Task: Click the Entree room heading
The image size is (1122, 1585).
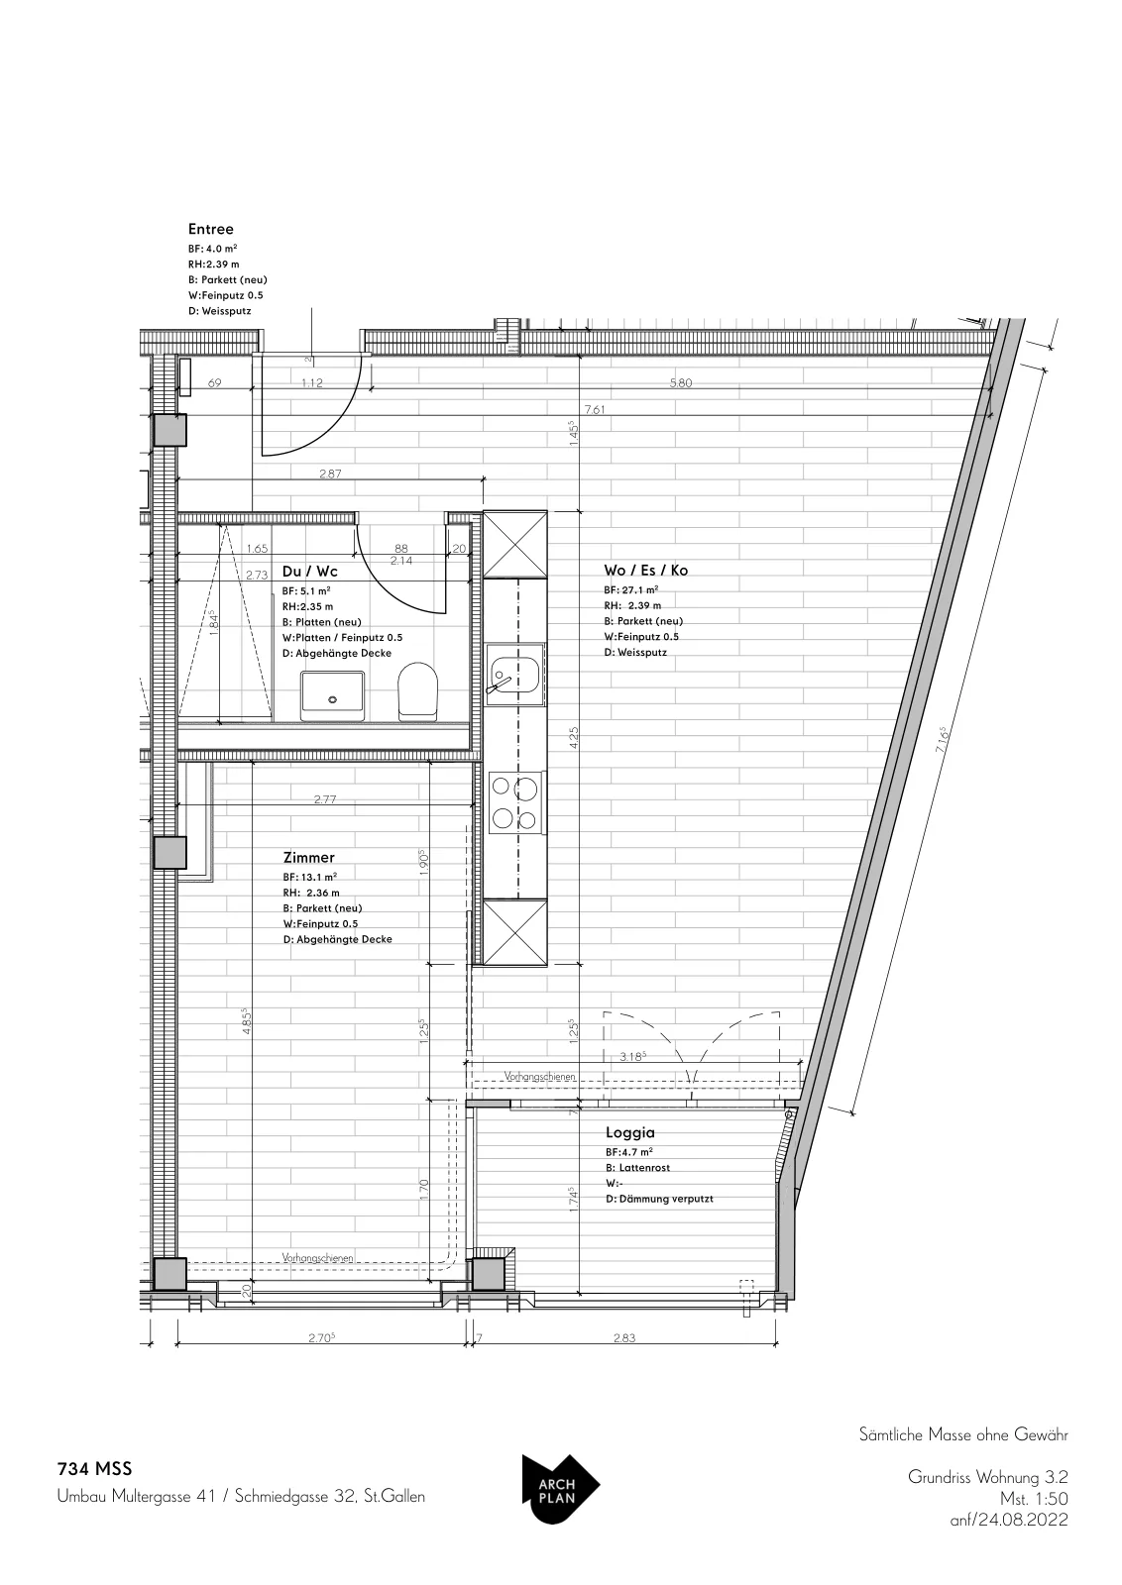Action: coord(210,229)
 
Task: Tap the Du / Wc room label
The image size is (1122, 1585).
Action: coord(309,571)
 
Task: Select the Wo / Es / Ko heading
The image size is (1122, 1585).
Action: coord(645,570)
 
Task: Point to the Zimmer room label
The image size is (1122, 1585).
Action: coord(308,857)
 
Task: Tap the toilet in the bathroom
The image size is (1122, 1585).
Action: coord(417,691)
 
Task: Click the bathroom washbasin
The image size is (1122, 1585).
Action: coord(332,696)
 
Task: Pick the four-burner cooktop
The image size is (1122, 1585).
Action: coord(515,800)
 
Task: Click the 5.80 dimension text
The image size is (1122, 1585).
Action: coord(680,382)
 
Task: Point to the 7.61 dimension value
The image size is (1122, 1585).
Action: coord(596,410)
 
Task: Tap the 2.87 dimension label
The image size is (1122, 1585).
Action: coord(330,474)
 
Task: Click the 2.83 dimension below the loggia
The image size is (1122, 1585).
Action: coord(624,1337)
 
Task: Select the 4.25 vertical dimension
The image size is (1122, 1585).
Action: coord(574,738)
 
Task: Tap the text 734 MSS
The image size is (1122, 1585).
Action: coord(95,1469)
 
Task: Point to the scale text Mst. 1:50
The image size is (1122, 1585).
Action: coord(1034,1499)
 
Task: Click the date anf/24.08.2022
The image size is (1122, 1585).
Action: coord(1009,1520)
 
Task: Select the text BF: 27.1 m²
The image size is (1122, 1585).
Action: coord(630,589)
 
